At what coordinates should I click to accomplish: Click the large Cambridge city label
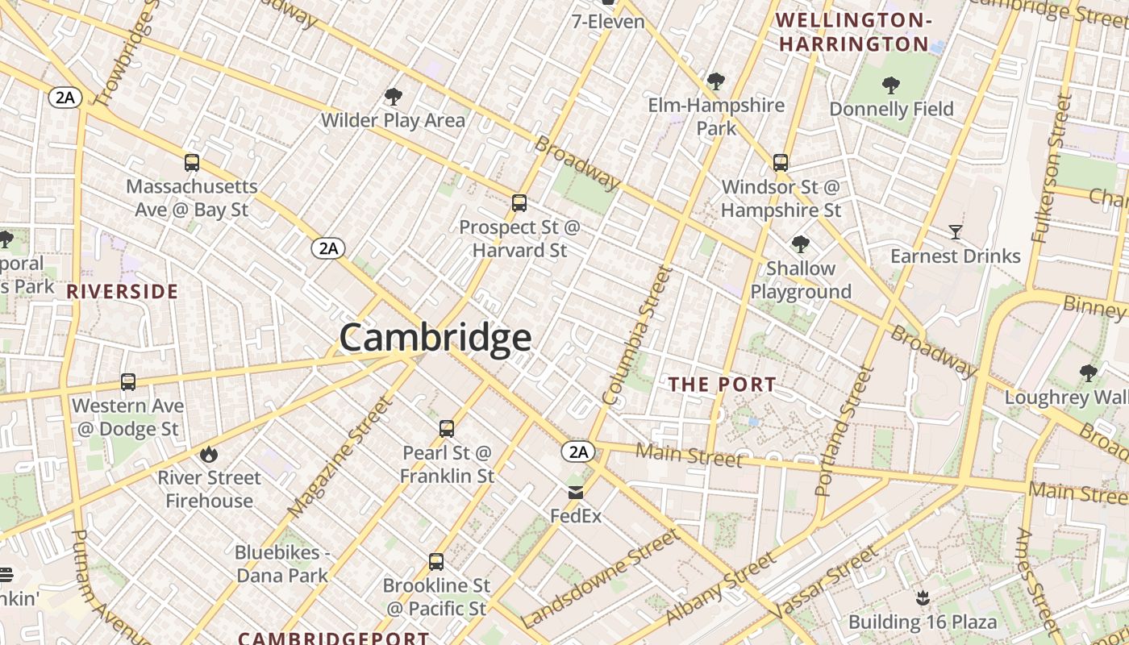[x=435, y=338]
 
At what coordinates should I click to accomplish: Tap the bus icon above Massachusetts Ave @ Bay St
[x=192, y=163]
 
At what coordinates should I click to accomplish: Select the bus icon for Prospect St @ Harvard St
[x=519, y=203]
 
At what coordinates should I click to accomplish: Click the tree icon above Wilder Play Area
[x=394, y=98]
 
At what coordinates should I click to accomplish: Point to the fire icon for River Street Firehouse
[x=209, y=454]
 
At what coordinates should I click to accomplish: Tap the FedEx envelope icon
[x=576, y=493]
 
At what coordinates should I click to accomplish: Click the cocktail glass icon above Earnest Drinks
[x=956, y=233]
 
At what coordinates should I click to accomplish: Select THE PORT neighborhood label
[x=723, y=385]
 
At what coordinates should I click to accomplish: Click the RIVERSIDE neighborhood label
[x=122, y=292]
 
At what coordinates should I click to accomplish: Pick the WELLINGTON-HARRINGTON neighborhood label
[x=855, y=32]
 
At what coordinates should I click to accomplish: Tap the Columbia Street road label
[x=637, y=335]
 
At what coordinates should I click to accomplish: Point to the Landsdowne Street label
[x=601, y=579]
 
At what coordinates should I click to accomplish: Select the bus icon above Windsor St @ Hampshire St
[x=781, y=163]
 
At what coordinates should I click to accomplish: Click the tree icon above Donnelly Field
[x=891, y=85]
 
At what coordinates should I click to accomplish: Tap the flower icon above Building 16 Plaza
[x=922, y=598]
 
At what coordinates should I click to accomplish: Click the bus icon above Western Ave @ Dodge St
[x=128, y=382]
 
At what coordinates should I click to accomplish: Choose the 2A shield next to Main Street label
[x=579, y=452]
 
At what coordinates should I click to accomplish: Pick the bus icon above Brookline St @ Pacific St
[x=436, y=562]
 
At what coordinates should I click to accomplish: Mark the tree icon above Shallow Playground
[x=800, y=244]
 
